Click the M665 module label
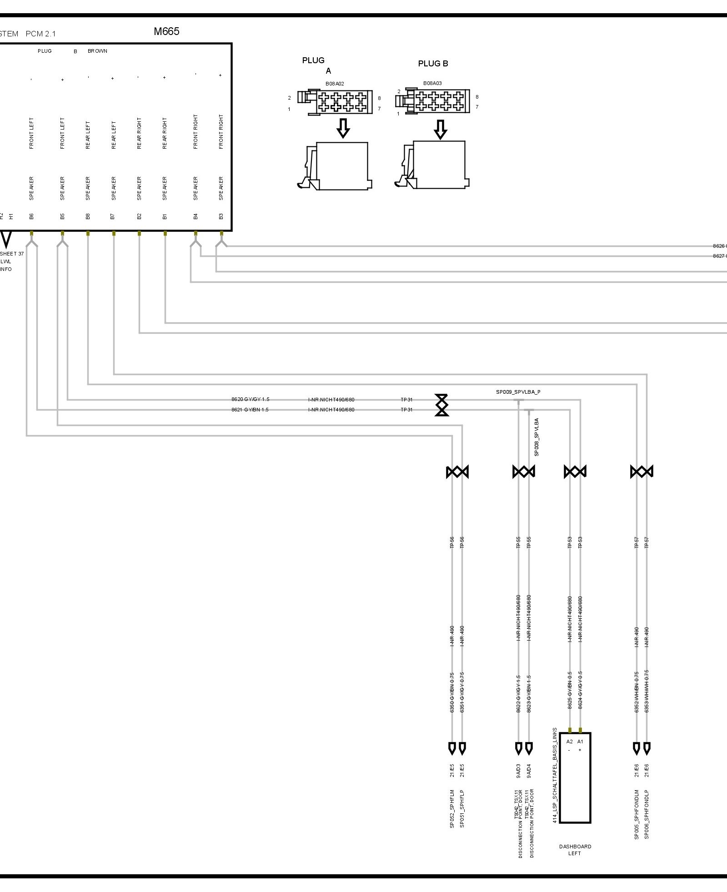tap(166, 31)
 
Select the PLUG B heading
tap(433, 64)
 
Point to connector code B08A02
tap(335, 84)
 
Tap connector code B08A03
tap(432, 83)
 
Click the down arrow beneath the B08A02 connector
tap(343, 128)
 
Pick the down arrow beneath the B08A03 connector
tap(440, 129)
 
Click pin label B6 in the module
tap(31, 216)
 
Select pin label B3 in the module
tap(221, 216)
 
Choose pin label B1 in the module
tap(165, 216)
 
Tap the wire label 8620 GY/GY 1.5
tap(250, 399)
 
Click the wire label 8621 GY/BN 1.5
tap(250, 410)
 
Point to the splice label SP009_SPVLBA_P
tap(518, 392)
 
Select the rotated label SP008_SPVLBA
tap(537, 437)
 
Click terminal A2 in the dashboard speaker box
tap(570, 742)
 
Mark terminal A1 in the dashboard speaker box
tap(580, 742)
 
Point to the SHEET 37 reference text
tap(12, 254)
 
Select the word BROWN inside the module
tap(97, 51)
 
